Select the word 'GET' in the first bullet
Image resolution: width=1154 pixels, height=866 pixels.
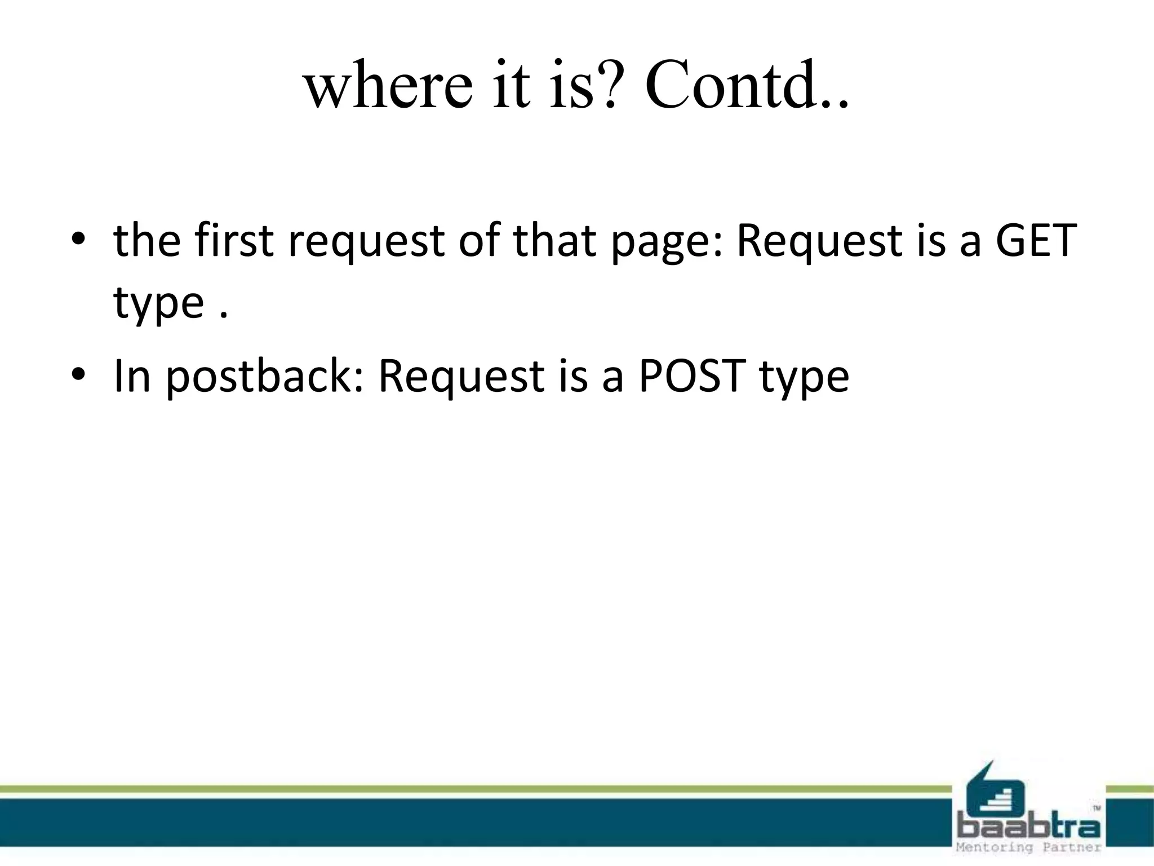pyautogui.click(x=1036, y=241)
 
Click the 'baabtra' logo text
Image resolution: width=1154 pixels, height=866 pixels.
pyautogui.click(x=1029, y=827)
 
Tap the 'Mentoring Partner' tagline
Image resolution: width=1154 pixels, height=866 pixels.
pyautogui.click(x=1029, y=847)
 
